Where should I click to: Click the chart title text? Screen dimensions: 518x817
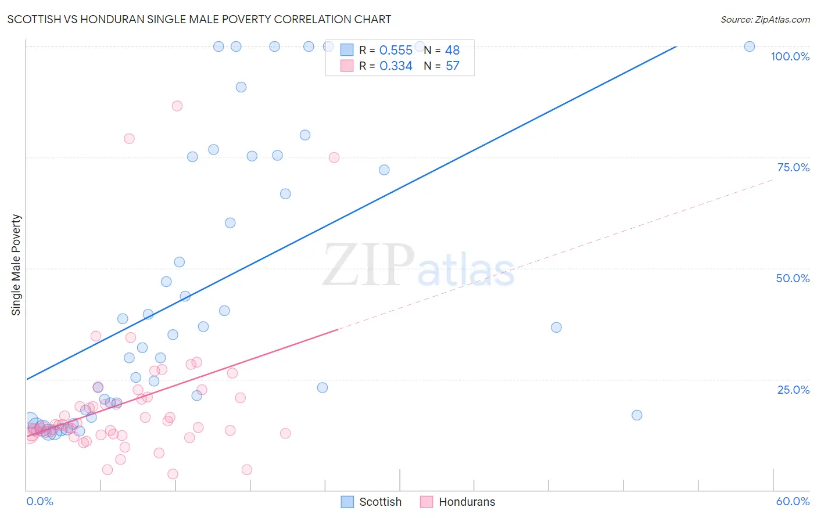(x=199, y=19)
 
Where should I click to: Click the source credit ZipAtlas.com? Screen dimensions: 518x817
(x=765, y=19)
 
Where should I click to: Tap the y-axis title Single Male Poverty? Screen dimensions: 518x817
(x=16, y=265)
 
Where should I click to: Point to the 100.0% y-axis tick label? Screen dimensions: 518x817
(x=790, y=56)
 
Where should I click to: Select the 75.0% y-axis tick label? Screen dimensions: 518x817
(x=793, y=167)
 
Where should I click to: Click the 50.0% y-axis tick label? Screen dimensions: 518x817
(x=793, y=278)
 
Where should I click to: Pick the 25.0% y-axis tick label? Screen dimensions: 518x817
(x=793, y=390)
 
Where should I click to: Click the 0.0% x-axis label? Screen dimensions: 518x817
(x=40, y=501)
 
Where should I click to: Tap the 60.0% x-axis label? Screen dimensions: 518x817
(x=793, y=501)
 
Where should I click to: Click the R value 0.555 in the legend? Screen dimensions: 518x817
(x=396, y=50)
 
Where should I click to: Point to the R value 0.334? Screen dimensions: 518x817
(x=396, y=66)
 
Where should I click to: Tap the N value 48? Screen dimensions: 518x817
(x=453, y=50)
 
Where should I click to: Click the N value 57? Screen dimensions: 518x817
(x=453, y=66)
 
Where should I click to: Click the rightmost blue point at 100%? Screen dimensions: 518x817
(x=750, y=46)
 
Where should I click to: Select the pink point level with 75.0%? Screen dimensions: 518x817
(x=334, y=157)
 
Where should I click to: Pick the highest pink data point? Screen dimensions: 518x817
(x=177, y=106)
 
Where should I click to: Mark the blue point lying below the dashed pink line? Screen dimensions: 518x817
(x=637, y=415)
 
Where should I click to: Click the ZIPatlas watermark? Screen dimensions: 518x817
(x=418, y=266)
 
